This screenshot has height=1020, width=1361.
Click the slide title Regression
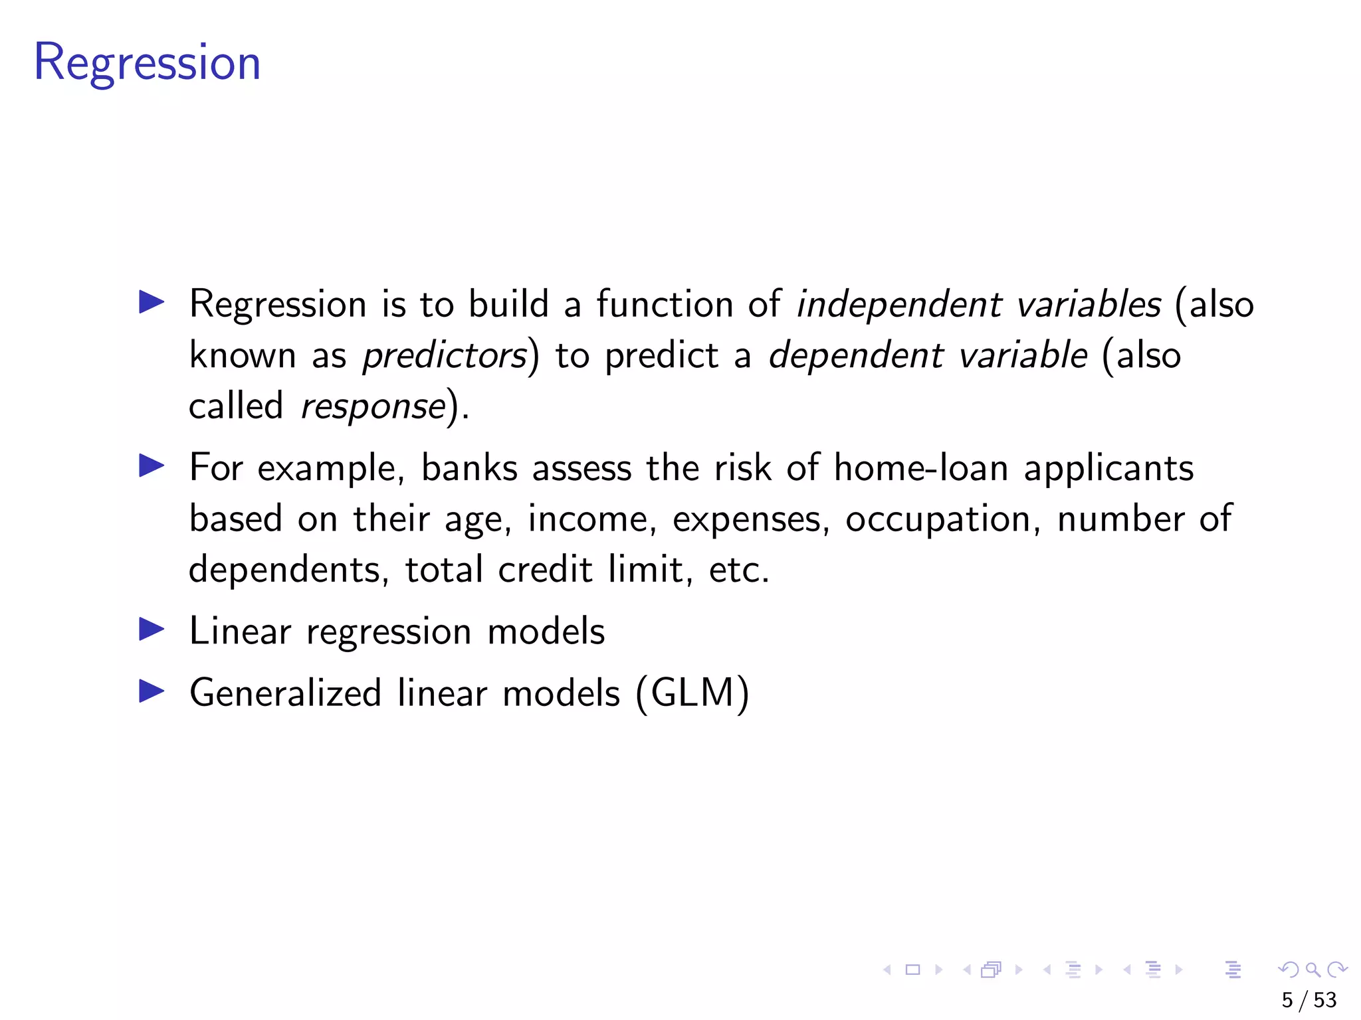coord(147,62)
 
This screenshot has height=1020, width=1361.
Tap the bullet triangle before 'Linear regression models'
coord(152,629)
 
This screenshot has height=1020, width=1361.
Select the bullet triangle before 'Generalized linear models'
coord(152,691)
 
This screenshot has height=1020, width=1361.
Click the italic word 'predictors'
coord(445,355)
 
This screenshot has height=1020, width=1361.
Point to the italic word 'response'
coord(373,406)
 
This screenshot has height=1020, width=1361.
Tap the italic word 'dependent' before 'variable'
coord(856,355)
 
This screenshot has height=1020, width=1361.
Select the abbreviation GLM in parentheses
coord(692,693)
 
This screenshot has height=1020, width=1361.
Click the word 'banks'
coord(469,467)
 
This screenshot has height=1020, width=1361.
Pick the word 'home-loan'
coord(921,467)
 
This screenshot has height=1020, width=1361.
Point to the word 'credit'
coord(545,569)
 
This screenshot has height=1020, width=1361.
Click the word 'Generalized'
coord(285,693)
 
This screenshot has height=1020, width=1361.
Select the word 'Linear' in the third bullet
coord(240,631)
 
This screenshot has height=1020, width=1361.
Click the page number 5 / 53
coord(1309,1000)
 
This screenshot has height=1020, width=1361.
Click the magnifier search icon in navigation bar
coord(1312,970)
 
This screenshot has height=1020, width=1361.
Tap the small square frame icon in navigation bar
coord(913,970)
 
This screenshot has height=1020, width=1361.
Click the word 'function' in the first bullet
coord(665,304)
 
